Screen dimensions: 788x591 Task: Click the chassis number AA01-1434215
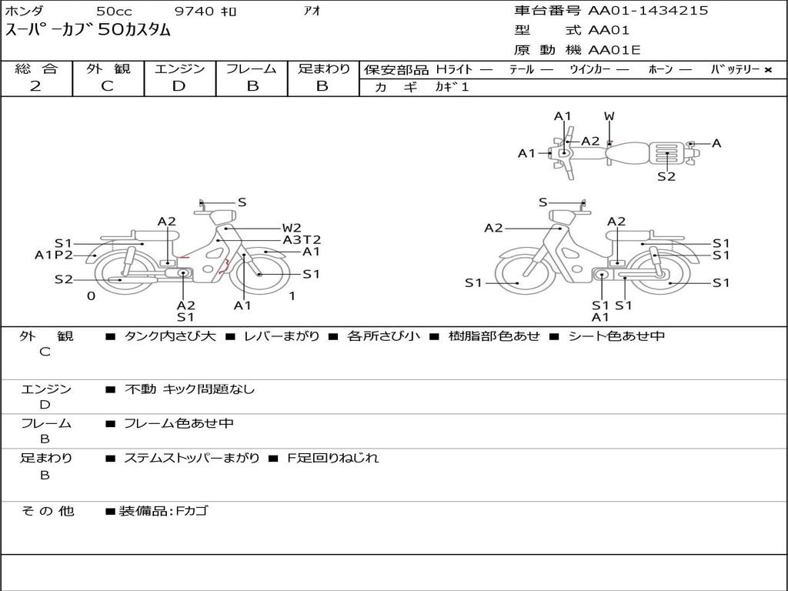coord(648,10)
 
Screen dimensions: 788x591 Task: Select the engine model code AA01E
coord(614,50)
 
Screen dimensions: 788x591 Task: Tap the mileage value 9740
coord(193,11)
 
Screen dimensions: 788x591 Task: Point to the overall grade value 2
coord(35,86)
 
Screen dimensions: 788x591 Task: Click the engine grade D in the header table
coord(179,86)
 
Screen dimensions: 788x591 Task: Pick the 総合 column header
coord(36,68)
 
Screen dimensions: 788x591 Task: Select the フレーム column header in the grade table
coord(252,68)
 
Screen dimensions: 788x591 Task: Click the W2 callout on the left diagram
coord(292,228)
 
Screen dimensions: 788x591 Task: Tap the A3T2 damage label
coord(302,240)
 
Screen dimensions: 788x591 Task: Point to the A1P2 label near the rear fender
coord(54,255)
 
